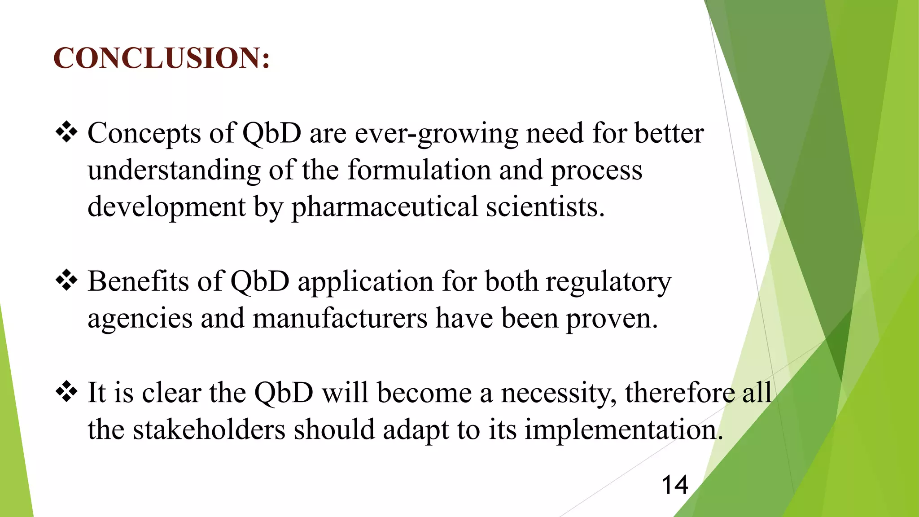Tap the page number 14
click(674, 485)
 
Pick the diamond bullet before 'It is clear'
click(66, 391)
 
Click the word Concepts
click(144, 133)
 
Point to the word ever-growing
click(436, 134)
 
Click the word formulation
click(419, 170)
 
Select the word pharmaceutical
click(385, 207)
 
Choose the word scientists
click(545, 207)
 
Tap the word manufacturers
click(340, 318)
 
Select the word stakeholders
click(209, 429)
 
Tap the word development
click(166, 208)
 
